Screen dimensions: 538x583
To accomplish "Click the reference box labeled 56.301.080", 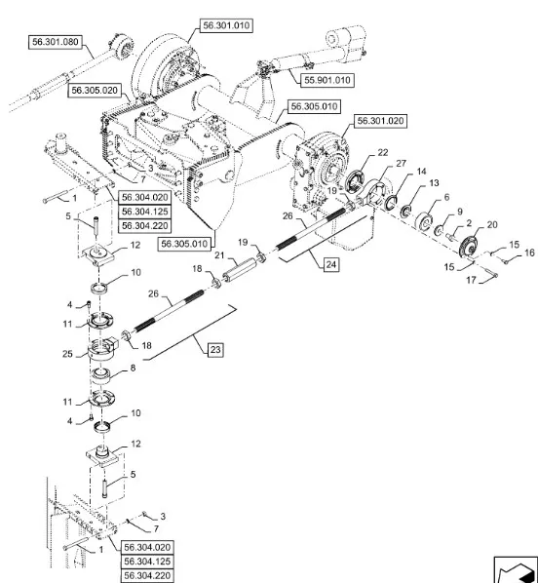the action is click(56, 42).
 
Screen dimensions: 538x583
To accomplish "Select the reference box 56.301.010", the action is click(226, 25).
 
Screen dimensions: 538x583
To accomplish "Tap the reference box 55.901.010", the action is click(327, 80).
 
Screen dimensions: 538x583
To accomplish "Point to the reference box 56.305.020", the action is click(95, 91).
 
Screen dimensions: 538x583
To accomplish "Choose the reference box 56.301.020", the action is click(380, 121).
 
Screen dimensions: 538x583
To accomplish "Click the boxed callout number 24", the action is click(331, 265).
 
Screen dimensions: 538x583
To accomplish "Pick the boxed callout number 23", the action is click(215, 350).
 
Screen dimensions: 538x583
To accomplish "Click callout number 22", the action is click(383, 152).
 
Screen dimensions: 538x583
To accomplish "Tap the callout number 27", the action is click(401, 163).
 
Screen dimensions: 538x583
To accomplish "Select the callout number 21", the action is click(219, 255).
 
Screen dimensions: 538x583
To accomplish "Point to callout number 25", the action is click(67, 353).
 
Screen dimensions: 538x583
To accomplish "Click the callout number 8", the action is click(133, 368).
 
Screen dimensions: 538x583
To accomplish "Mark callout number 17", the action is click(471, 280).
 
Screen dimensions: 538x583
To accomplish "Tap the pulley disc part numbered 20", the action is click(469, 247).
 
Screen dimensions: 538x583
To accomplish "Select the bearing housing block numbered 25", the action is click(102, 349).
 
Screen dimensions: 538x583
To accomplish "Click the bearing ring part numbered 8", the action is click(100, 375).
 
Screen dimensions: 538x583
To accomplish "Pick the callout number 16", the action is click(529, 253).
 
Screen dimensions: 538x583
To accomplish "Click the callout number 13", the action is click(434, 183).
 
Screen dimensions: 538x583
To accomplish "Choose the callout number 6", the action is click(446, 197).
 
